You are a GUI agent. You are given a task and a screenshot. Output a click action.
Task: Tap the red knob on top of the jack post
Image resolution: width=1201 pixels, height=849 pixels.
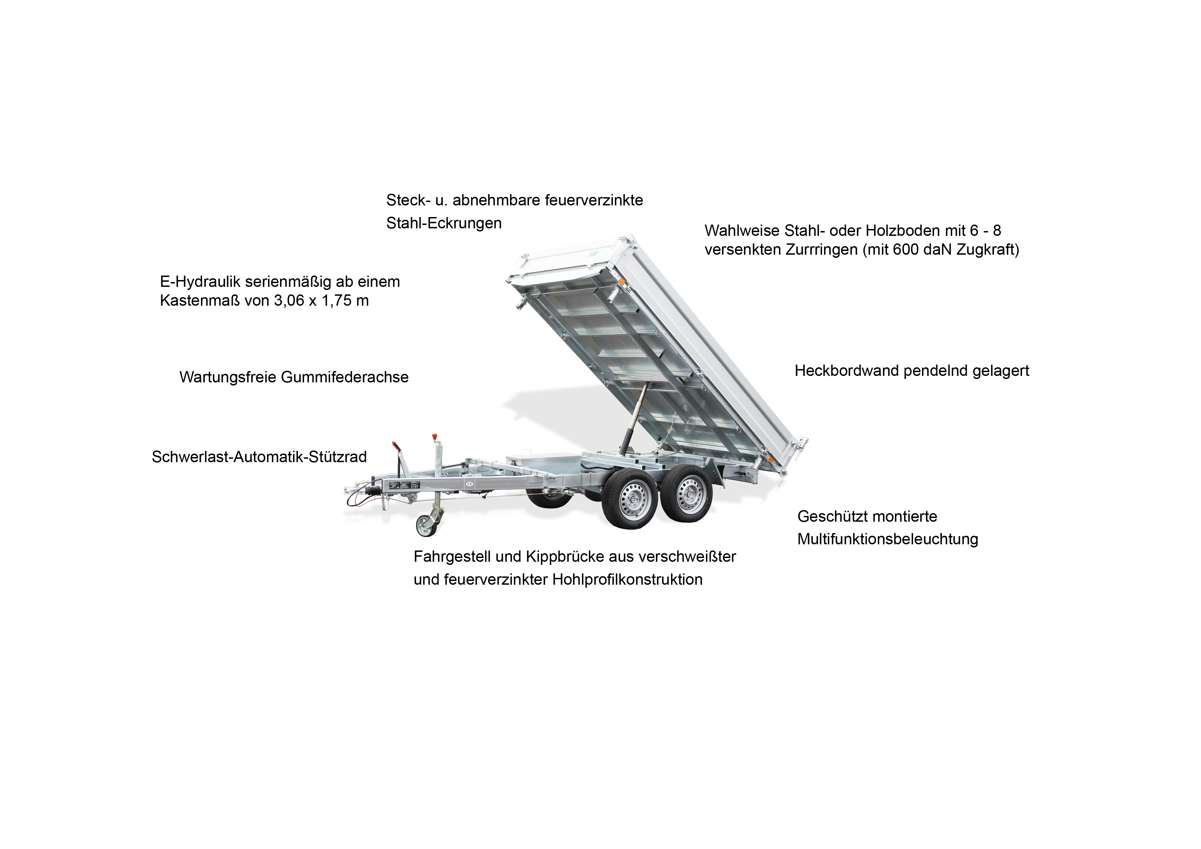point(433,437)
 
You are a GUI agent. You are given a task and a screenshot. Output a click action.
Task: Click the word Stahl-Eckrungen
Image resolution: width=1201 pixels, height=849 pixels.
point(444,223)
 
